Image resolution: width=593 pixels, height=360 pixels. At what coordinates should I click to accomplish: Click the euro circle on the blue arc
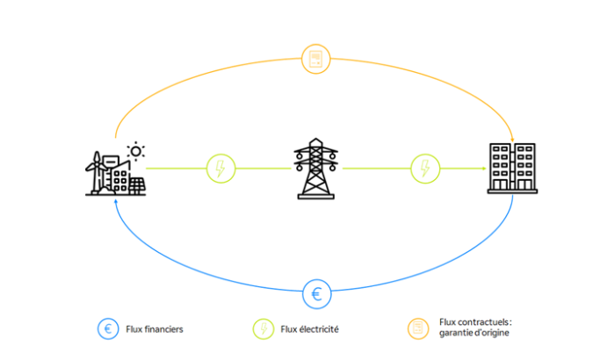click(316, 292)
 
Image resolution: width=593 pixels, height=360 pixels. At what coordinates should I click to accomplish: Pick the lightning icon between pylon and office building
click(424, 167)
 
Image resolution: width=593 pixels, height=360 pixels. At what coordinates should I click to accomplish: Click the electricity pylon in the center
click(317, 169)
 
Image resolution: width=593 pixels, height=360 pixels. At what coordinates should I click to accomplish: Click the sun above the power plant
click(135, 151)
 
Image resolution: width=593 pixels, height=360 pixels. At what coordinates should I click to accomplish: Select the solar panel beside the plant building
click(138, 184)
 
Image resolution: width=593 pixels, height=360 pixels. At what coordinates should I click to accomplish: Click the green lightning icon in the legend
click(264, 329)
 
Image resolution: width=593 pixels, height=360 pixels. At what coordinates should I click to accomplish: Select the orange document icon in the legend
click(417, 329)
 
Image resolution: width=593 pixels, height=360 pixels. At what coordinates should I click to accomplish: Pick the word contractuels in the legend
click(481, 323)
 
